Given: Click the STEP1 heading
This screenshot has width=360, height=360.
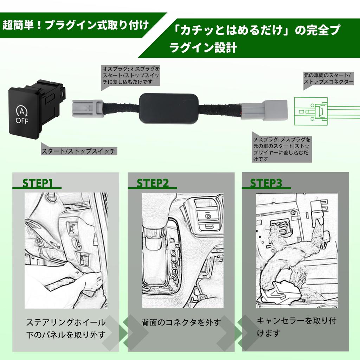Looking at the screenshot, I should click(x=38, y=183).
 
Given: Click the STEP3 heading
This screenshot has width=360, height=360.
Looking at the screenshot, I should click(x=266, y=183).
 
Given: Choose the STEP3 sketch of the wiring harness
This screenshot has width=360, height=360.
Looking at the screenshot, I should click(x=297, y=250).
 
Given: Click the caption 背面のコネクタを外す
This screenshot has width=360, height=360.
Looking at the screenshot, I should click(x=181, y=322).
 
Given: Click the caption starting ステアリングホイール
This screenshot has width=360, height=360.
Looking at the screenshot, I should click(x=66, y=328).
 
